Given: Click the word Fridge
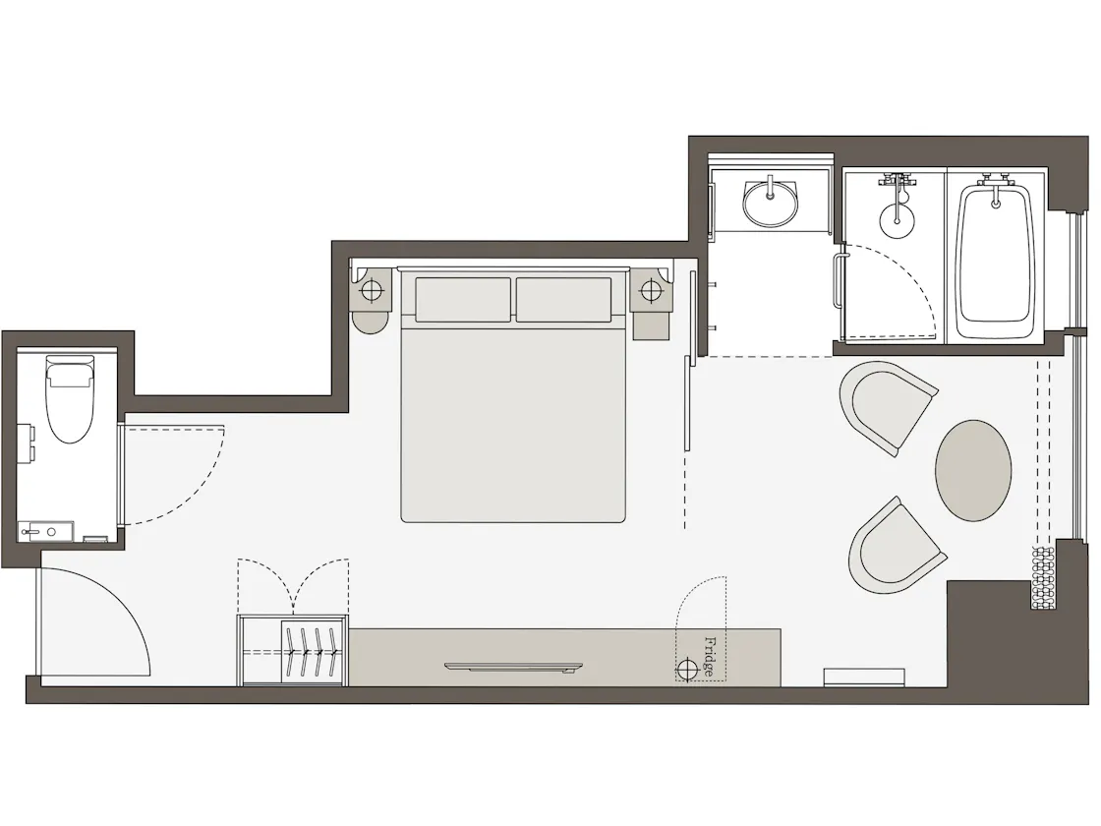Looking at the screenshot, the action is coord(710,657).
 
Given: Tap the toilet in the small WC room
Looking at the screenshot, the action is coord(70,399).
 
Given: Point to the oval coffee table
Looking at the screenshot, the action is coord(973,471).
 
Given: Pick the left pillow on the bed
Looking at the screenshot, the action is coord(463,300).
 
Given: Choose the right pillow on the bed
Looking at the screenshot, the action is coord(564,300).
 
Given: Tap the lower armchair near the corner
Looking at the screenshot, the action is coord(897,545).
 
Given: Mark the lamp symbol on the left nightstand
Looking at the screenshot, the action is coord(371,290).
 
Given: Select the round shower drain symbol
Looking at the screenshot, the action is coord(898,220).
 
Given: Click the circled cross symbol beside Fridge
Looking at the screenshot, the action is coord(687,669).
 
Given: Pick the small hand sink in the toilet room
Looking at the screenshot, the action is coord(46,531).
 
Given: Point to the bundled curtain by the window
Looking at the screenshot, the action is coord(1043,578).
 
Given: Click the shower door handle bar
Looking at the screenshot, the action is coord(837,281).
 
